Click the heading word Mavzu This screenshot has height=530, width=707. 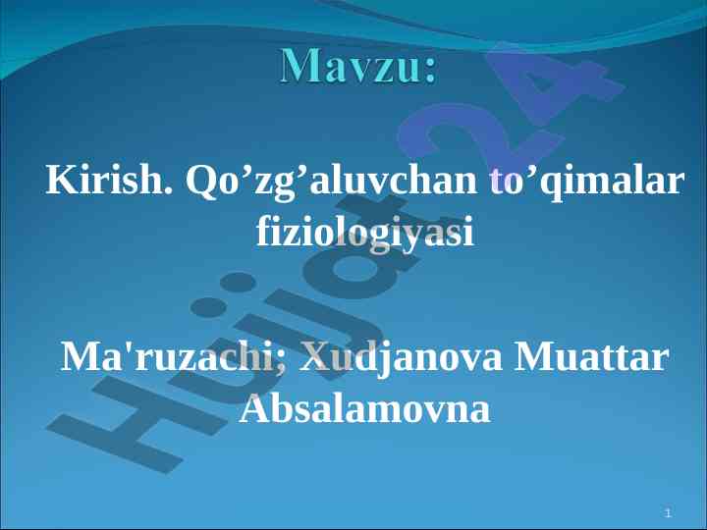click(x=352, y=66)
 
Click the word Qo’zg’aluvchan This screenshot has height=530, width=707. click(x=331, y=183)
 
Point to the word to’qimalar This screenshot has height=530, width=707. click(x=586, y=182)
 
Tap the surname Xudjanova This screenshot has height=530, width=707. click(x=401, y=359)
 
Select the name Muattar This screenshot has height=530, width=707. click(x=591, y=357)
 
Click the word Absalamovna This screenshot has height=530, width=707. click(x=364, y=408)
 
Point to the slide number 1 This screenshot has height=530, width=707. click(x=669, y=512)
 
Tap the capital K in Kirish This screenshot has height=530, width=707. click(x=61, y=180)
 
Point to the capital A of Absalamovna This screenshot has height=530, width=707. click(x=254, y=408)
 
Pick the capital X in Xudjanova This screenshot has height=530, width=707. click(x=315, y=357)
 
